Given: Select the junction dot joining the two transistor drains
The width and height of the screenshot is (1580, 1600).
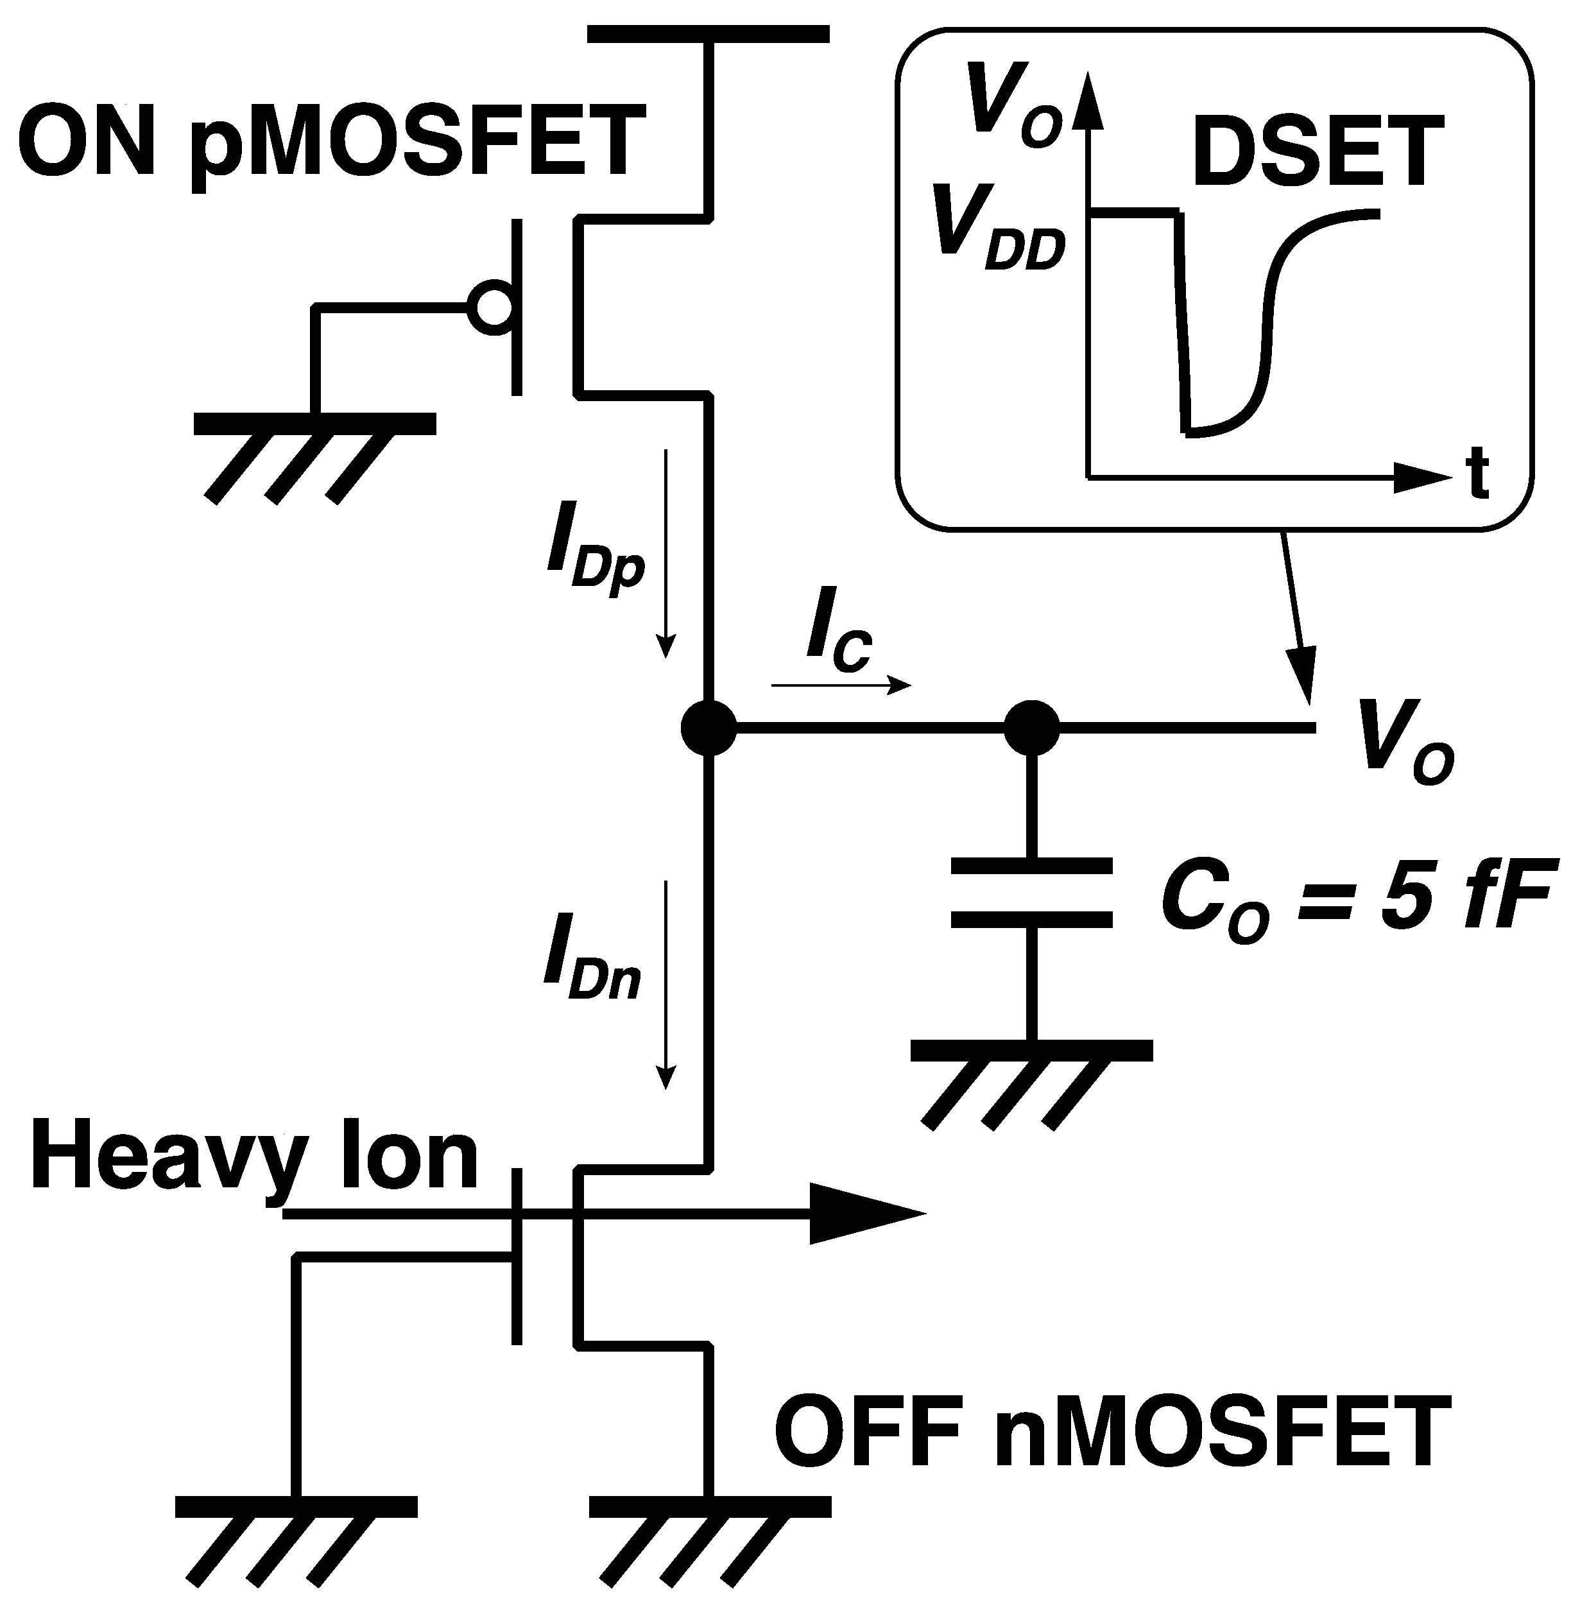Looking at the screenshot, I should (x=708, y=728).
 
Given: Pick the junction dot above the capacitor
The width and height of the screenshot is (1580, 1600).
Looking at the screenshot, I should (x=1031, y=728).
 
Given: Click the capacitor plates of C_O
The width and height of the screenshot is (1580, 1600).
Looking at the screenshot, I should (x=1031, y=893).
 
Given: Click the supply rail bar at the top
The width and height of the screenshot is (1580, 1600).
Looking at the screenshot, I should (x=708, y=34).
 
